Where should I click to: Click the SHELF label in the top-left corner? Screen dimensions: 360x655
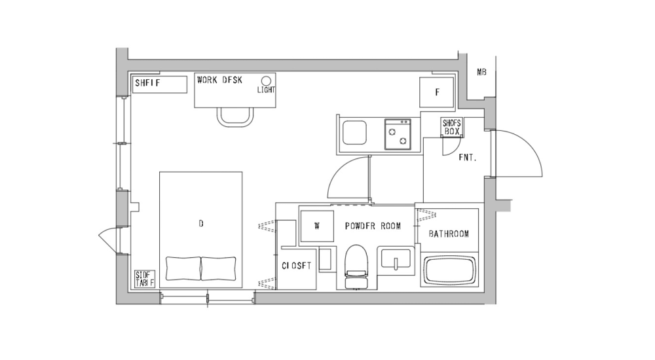click(x=147, y=83)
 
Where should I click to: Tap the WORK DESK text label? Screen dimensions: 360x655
click(x=219, y=80)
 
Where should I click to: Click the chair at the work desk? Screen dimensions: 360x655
click(x=235, y=117)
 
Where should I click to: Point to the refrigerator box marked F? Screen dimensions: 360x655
click(x=437, y=92)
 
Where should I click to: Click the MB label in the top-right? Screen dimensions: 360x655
click(x=481, y=72)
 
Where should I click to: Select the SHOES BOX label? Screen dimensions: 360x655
click(x=452, y=127)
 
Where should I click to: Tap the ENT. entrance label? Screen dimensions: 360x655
click(x=466, y=158)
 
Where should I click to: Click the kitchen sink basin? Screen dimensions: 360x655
click(x=354, y=134)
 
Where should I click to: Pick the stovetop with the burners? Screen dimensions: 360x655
click(x=397, y=134)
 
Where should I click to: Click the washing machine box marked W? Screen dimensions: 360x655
click(x=316, y=226)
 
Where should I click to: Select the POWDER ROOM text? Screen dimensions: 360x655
click(x=373, y=226)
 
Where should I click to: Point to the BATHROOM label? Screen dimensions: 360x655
click(x=449, y=234)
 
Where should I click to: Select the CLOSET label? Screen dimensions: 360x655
click(x=297, y=266)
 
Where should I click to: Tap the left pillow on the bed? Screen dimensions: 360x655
click(x=182, y=268)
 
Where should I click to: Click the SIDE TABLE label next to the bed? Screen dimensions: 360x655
click(x=144, y=279)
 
